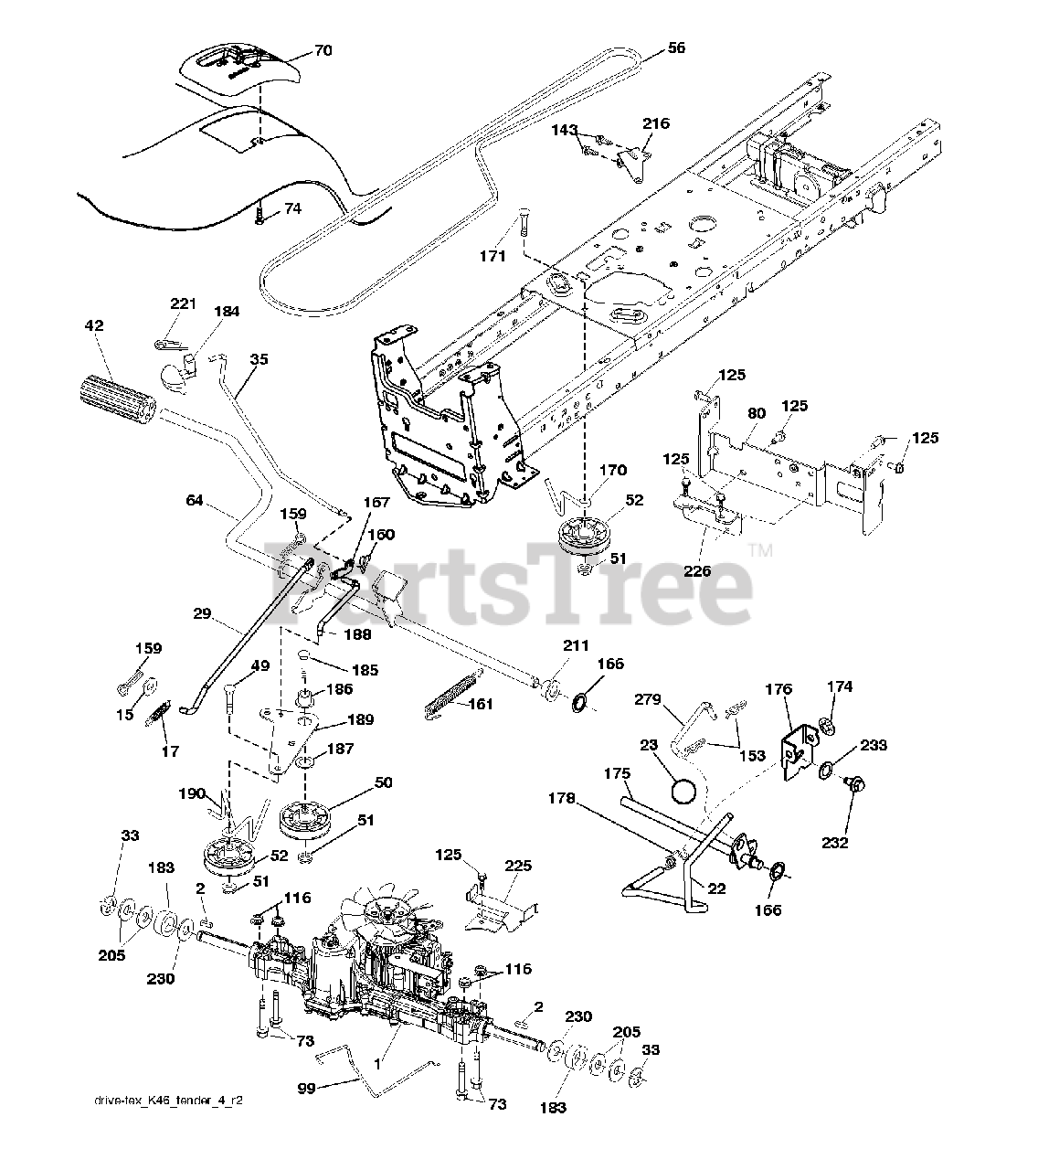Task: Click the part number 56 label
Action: (x=675, y=48)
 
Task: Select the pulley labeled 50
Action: (x=302, y=816)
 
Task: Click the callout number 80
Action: (x=755, y=412)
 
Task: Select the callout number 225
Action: (x=517, y=866)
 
